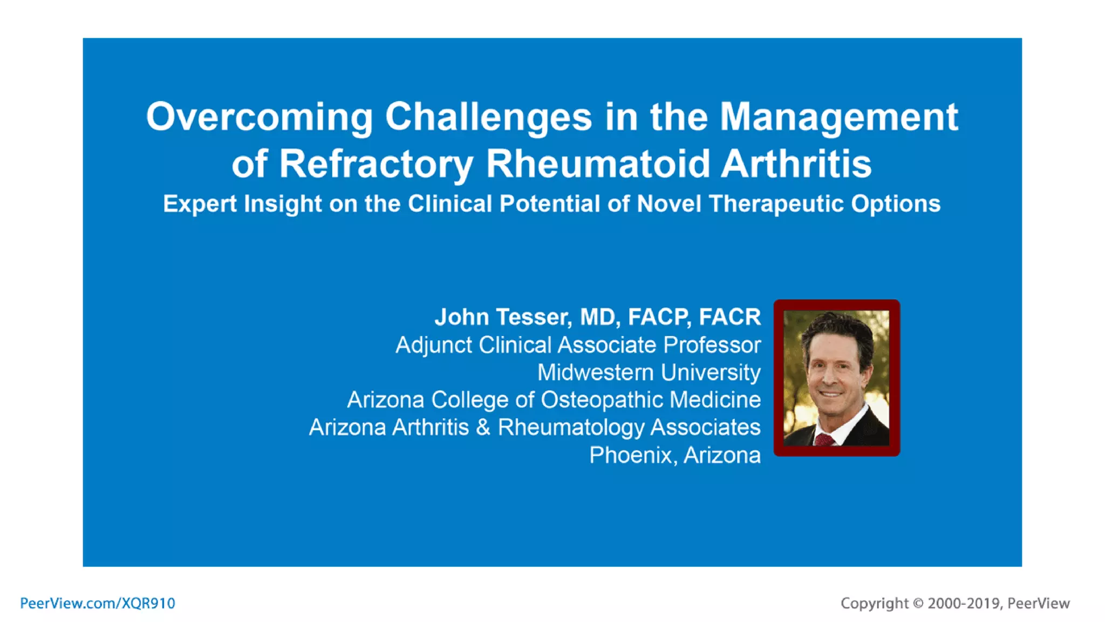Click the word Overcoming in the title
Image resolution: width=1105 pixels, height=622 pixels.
coord(259,117)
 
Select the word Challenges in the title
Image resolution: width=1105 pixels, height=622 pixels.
coord(488,117)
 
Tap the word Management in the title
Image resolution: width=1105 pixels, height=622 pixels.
coord(839,117)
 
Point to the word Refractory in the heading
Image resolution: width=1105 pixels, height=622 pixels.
coord(376,164)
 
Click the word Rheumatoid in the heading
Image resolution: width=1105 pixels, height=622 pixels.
coord(597,164)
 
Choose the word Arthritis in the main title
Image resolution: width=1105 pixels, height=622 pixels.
coord(796,164)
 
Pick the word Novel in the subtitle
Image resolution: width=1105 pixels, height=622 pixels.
coord(669,204)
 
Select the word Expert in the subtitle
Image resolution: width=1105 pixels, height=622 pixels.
coord(200,204)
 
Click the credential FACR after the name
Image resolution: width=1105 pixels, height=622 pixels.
coord(729,317)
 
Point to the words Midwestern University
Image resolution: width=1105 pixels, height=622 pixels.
coord(649,373)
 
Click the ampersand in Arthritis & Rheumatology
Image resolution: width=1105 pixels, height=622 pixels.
coord(483,428)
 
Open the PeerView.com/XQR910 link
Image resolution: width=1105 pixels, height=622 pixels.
coord(98,603)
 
